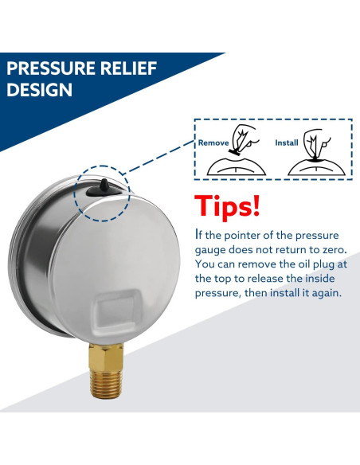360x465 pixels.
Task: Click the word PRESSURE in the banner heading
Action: pyautogui.click(x=51, y=68)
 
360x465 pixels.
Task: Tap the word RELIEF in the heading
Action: pyautogui.click(x=128, y=68)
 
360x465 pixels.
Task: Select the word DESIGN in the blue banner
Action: pyautogui.click(x=40, y=89)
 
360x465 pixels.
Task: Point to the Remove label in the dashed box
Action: pyautogui.click(x=213, y=143)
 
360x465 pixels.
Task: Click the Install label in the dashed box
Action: pyautogui.click(x=287, y=143)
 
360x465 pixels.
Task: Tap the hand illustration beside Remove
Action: pyautogui.click(x=245, y=139)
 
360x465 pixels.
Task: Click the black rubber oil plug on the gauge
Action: pyautogui.click(x=104, y=188)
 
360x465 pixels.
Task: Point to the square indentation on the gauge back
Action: pyautogui.click(x=116, y=311)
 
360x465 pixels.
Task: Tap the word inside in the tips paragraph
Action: pyautogui.click(x=319, y=279)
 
